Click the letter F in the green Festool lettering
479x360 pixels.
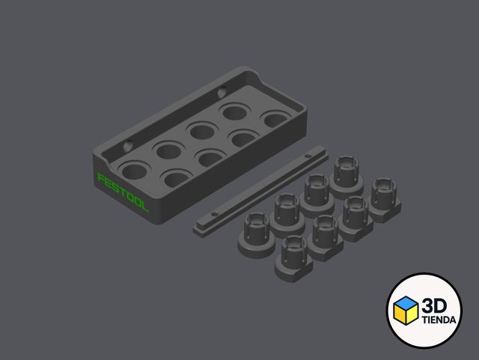click(101, 178)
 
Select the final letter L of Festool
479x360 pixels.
click(144, 206)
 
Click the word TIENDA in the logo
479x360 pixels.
click(439, 320)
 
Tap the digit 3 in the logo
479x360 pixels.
click(427, 306)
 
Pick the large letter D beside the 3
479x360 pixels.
click(441, 306)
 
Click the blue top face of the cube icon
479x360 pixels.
click(406, 302)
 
